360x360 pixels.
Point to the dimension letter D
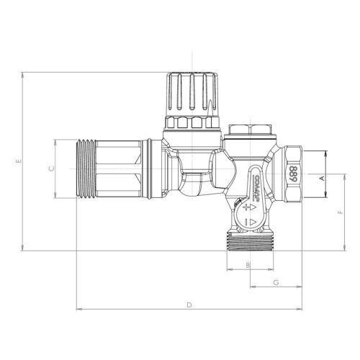point(189,305)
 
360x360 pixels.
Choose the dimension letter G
point(276,282)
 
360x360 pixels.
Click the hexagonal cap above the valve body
point(247,131)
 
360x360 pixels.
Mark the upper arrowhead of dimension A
point(326,153)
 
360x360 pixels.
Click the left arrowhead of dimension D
point(78,310)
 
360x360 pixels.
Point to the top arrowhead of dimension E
point(24,74)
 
